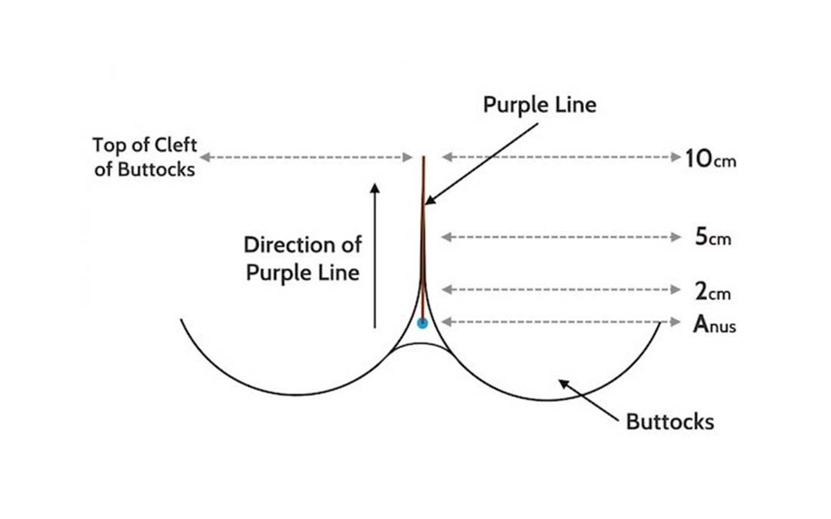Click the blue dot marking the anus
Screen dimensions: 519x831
(422, 323)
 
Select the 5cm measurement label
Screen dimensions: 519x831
(713, 238)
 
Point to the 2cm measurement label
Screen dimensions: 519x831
(713, 291)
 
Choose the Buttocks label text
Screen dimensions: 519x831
(669, 421)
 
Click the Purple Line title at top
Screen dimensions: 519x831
(539, 105)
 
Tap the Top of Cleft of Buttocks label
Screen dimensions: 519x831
(145, 157)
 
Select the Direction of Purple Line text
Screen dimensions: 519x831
(302, 258)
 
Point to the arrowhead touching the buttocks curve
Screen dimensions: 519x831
(562, 382)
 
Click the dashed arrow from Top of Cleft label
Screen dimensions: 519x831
(306, 157)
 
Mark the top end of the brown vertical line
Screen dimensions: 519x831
(423, 158)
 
